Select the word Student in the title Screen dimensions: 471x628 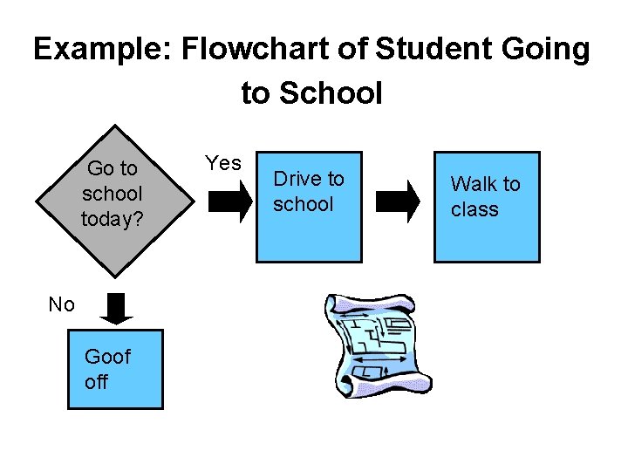click(430, 50)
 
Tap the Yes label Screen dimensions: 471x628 click(223, 163)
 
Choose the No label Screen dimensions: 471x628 click(61, 304)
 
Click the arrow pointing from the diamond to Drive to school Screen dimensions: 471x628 click(228, 204)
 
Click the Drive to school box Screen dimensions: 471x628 click(308, 207)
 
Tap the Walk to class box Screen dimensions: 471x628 click(487, 207)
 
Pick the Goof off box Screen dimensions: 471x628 click(115, 369)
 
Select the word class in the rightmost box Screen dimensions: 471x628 click(474, 209)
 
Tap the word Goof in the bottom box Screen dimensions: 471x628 click(107, 357)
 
